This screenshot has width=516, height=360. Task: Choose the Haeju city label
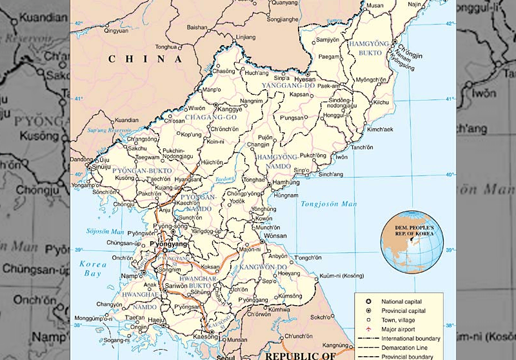[155, 319]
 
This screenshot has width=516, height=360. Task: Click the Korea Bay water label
[93, 269]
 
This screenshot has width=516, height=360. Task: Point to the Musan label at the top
[375, 5]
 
